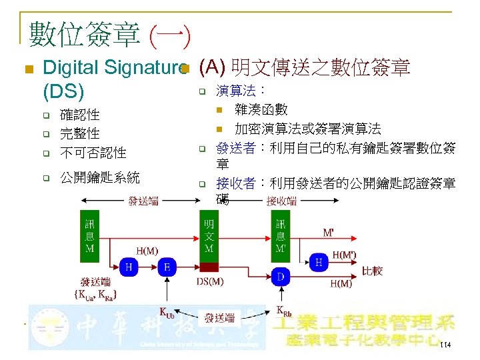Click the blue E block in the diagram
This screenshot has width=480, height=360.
(166, 267)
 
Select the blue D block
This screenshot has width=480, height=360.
(281, 275)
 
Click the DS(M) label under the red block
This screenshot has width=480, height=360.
(210, 282)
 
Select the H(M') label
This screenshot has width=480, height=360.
(344, 254)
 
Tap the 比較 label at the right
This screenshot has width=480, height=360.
(372, 271)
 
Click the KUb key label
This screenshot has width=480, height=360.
(167, 311)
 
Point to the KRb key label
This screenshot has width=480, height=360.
(283, 310)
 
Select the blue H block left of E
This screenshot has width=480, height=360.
(128, 267)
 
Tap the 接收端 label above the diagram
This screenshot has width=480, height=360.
(282, 201)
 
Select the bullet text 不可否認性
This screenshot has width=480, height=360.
(93, 153)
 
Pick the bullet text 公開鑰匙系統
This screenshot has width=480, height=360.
(100, 177)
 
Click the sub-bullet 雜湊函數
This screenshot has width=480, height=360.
(261, 109)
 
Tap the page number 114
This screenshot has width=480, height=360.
(445, 344)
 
